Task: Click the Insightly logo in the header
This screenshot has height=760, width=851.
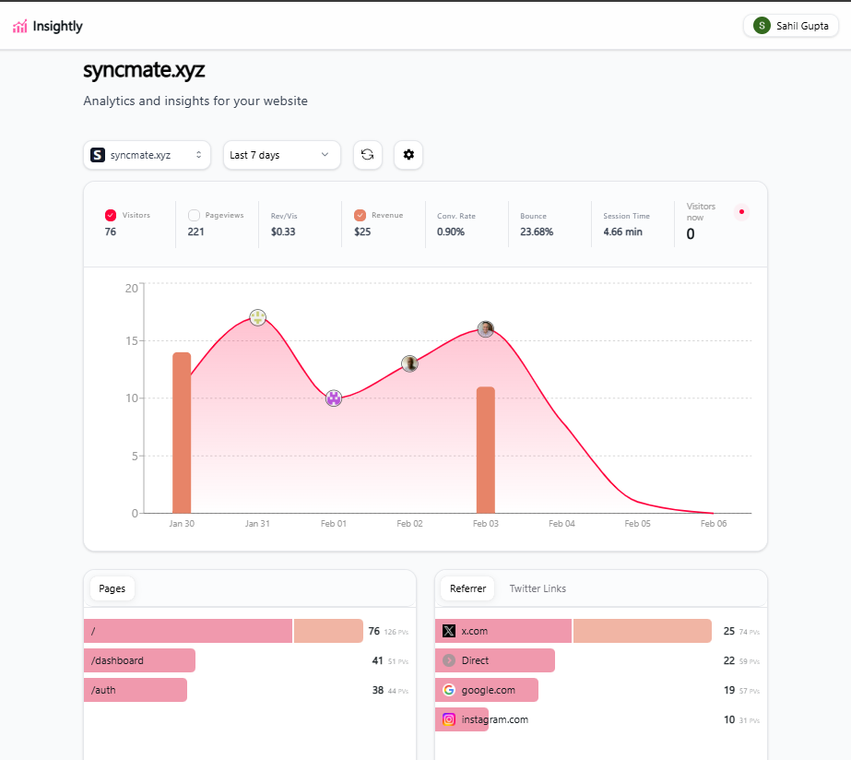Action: coord(48,26)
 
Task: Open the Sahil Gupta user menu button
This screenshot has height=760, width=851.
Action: coord(791,26)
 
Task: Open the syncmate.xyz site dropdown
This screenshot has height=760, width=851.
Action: coord(147,155)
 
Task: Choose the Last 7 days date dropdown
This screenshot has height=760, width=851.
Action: coord(281,155)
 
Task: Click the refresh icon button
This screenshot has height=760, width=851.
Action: coord(367,155)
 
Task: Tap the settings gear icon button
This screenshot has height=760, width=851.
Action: coord(408,155)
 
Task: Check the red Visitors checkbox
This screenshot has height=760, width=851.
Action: coord(111,215)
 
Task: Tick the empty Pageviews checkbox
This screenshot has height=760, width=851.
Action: coord(194,215)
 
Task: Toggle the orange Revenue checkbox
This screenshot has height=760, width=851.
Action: coord(360,215)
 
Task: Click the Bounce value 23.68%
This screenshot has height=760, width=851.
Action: coord(537,232)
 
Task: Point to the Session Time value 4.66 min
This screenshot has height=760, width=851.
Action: coord(622,232)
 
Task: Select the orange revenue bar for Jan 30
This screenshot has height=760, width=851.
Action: coord(182,433)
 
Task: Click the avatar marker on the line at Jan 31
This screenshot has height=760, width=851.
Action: coord(258,317)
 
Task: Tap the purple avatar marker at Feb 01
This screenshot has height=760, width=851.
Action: coord(334,398)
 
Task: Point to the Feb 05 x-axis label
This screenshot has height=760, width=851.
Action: coord(637,524)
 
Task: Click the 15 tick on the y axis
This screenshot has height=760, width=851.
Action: coord(131,341)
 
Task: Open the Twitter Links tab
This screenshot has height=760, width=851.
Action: coord(538,588)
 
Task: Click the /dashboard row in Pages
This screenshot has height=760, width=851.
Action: coord(139,660)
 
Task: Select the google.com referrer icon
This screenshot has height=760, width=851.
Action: coord(449,690)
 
